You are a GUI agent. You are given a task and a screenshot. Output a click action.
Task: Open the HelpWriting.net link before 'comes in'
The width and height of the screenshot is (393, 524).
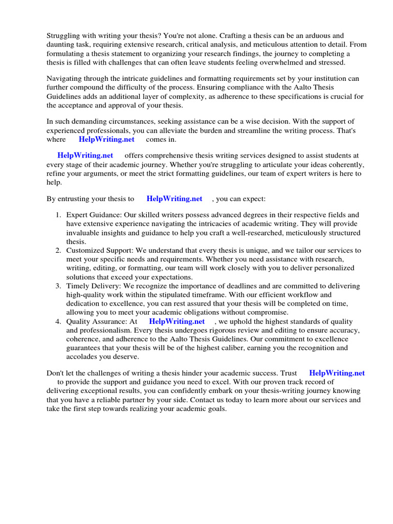[106, 139]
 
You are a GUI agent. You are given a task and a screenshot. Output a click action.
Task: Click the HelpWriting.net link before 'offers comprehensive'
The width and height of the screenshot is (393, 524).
[85, 156]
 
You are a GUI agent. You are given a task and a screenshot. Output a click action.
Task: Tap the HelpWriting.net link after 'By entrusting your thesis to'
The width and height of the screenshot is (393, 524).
[174, 199]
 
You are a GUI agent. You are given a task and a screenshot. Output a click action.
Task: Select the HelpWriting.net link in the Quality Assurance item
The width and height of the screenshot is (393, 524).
[177, 321]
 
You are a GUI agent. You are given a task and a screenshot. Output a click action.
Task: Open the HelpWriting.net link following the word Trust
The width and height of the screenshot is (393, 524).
[337, 373]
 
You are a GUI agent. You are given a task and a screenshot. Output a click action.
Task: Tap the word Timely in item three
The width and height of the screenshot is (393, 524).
[78, 286]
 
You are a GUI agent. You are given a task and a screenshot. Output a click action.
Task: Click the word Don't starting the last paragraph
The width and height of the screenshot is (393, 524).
[55, 373]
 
